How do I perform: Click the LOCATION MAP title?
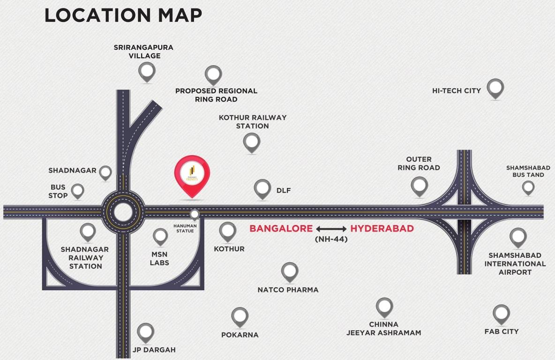coord(123,15)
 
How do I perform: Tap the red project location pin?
coord(192,174)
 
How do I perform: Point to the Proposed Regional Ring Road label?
coord(216,95)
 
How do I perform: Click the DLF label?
coord(284,190)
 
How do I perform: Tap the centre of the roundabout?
coord(123,212)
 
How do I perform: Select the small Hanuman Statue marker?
coord(194,214)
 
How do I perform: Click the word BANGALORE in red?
coord(281,229)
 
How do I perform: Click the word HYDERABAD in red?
coord(382,229)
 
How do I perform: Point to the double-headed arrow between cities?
coord(331,229)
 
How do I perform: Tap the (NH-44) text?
coord(331,239)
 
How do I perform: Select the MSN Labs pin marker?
coord(160,236)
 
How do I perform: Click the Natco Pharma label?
coord(288,290)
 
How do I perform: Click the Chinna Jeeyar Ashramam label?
coord(383,329)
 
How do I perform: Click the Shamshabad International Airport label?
coord(515,263)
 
